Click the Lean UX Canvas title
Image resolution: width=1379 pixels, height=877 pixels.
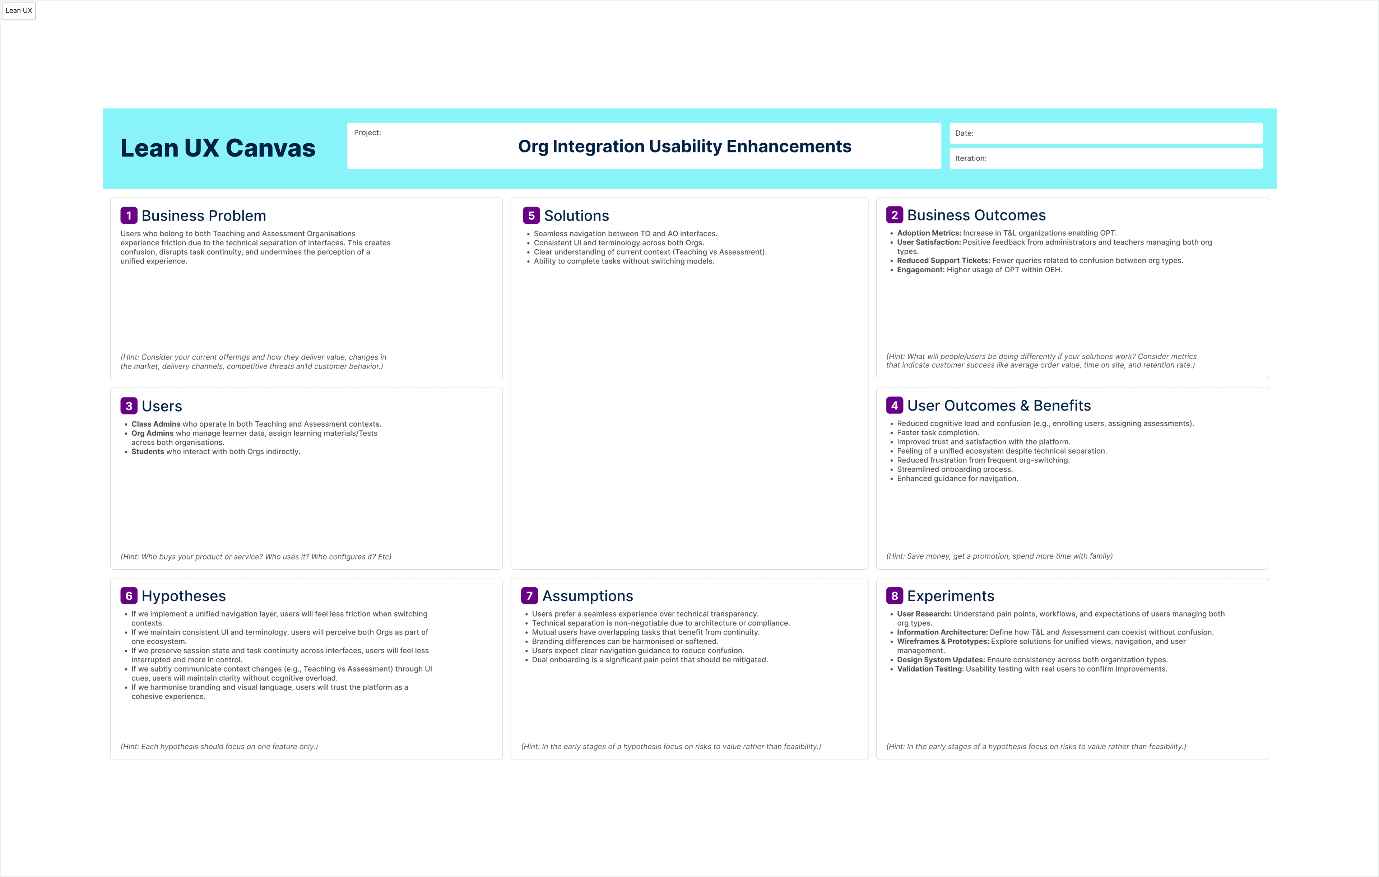point(218,148)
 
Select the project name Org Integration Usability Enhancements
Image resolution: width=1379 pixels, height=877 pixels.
point(684,147)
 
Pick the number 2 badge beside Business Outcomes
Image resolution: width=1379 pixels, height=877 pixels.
point(894,215)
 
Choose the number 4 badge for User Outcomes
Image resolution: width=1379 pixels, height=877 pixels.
point(894,405)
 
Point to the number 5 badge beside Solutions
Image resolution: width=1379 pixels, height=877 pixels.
point(531,216)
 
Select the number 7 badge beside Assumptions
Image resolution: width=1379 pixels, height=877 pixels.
point(529,596)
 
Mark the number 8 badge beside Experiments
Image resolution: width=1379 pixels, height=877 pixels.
point(894,596)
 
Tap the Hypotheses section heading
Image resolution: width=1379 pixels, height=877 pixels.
point(184,596)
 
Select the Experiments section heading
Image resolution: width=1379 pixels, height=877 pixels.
point(951,596)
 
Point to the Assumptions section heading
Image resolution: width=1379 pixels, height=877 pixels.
point(588,596)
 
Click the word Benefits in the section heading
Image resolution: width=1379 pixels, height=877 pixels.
point(1062,405)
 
